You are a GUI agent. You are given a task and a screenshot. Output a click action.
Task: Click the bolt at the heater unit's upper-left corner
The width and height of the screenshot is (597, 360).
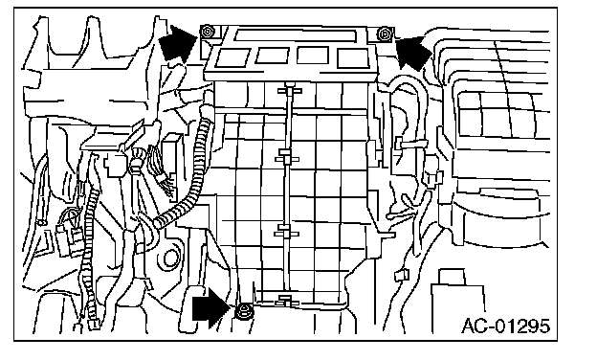tap(208, 32)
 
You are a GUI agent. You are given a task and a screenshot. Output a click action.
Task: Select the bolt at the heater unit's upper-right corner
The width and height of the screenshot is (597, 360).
tap(384, 34)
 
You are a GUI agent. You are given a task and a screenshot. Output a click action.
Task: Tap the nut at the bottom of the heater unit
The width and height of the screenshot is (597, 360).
tap(244, 312)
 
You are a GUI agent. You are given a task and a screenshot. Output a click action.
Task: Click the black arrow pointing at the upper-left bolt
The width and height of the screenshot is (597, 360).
tap(179, 43)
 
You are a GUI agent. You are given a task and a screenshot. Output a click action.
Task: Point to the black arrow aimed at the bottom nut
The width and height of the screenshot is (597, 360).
tap(211, 307)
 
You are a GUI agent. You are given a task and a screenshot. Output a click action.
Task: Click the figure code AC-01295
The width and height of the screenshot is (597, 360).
tap(506, 326)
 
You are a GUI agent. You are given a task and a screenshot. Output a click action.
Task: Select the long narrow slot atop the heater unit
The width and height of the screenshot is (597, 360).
tap(296, 35)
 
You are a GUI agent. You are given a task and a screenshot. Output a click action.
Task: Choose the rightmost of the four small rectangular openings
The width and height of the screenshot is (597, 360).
tap(353, 57)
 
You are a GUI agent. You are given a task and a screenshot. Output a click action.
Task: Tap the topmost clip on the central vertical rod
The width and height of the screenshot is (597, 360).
tap(290, 91)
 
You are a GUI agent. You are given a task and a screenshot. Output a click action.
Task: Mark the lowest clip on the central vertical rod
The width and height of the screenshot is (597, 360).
tap(286, 301)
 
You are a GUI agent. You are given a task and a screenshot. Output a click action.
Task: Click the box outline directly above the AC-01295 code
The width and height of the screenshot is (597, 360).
tap(458, 301)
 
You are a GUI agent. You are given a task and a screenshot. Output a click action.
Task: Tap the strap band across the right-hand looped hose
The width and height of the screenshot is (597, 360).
tap(412, 145)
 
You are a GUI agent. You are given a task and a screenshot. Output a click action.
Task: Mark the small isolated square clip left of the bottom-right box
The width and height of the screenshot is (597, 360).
tap(402, 274)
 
